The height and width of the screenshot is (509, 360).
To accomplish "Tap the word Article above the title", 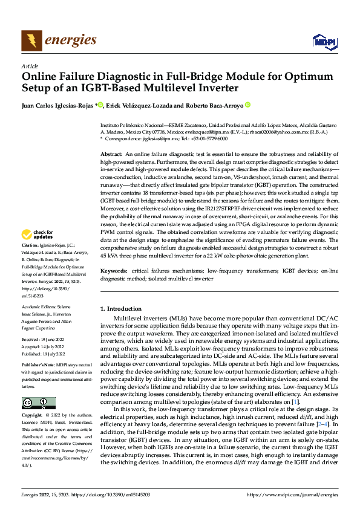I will point(29,66).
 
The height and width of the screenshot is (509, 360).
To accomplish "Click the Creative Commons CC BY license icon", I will point(39,404).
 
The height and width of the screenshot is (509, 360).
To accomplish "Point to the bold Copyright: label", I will point(33,417).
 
